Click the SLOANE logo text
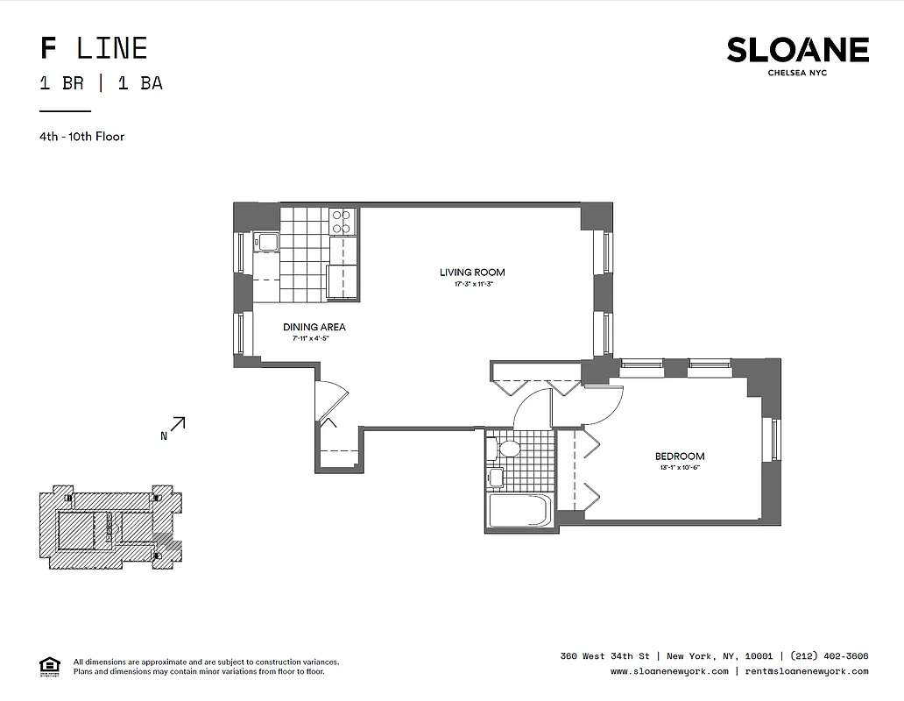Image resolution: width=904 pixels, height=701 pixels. (797, 50)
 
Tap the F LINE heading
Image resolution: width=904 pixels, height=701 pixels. (94, 48)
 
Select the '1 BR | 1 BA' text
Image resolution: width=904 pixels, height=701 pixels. (101, 84)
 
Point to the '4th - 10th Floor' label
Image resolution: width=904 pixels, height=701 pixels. (81, 137)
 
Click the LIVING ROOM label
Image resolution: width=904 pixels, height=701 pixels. (472, 273)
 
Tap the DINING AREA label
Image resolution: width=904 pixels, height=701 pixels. (314, 328)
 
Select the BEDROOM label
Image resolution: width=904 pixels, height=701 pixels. (679, 457)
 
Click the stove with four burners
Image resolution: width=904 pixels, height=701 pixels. (342, 221)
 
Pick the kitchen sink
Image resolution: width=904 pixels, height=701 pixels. (265, 242)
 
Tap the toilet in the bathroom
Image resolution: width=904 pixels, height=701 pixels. (506, 450)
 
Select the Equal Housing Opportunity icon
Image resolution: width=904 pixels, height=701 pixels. (50, 667)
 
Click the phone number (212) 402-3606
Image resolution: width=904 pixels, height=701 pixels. (829, 656)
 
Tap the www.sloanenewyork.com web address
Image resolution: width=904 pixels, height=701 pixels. (669, 671)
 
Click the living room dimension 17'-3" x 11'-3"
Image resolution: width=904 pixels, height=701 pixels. (472, 285)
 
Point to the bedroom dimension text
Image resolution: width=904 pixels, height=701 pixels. (679, 468)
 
